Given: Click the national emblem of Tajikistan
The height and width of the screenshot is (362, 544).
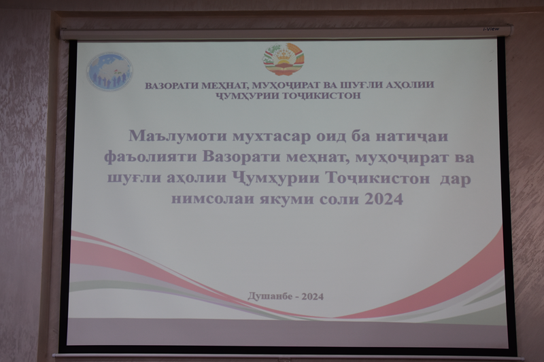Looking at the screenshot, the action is point(283,59).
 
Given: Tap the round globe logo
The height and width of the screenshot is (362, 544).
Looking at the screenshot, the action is point(109,71).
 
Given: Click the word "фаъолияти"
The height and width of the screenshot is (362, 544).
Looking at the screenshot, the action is point(150,158).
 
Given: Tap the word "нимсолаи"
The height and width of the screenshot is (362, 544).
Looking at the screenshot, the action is point(214,199).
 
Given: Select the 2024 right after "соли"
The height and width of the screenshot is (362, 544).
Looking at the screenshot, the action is point(384,199).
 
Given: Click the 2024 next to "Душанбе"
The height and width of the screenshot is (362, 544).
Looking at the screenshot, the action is point(313,297).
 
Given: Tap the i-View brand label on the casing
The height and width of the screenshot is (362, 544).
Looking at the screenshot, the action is point(491,29).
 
